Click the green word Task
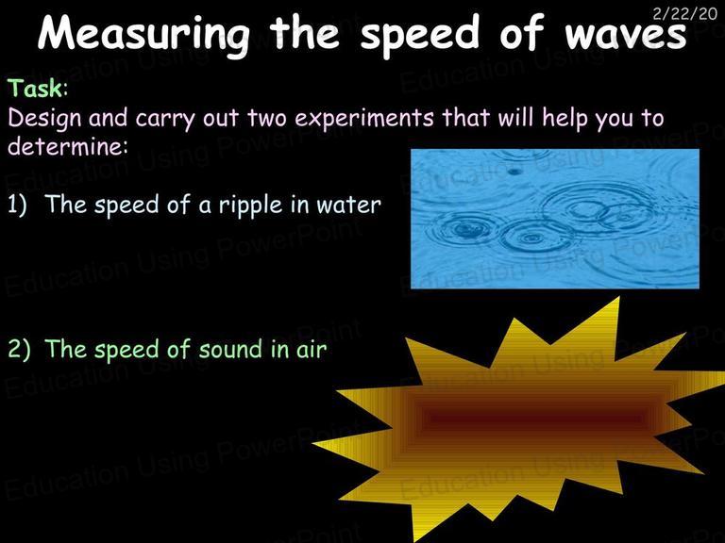coord(35,89)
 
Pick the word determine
coord(63,148)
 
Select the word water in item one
coord(351,205)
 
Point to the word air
coord(310,350)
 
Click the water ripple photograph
coord(555,219)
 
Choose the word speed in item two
coord(128,350)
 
